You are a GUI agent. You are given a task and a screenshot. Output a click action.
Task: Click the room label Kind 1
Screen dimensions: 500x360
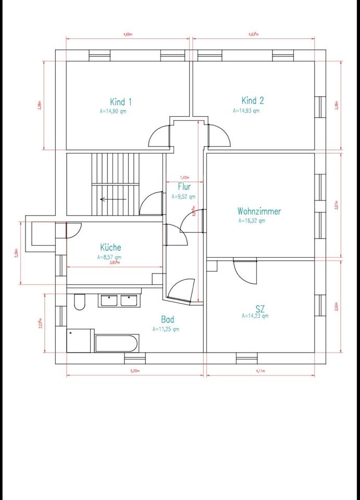tap(121, 102)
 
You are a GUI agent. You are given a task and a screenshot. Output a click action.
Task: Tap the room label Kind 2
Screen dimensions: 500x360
tap(253, 101)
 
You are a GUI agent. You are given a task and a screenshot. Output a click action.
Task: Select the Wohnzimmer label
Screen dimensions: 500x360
tap(259, 211)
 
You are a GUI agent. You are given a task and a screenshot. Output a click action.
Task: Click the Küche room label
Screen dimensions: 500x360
tap(110, 248)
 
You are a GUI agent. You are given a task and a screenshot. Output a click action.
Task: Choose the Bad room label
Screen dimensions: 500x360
tap(167, 320)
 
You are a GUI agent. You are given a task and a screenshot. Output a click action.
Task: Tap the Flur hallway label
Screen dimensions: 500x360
tap(184, 186)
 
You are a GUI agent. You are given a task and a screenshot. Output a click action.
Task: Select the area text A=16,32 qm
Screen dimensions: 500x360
tap(252, 220)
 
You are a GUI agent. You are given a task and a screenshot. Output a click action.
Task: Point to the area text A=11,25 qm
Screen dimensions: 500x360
tap(166, 329)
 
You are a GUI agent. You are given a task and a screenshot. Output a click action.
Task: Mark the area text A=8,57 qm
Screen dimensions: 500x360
tap(109, 257)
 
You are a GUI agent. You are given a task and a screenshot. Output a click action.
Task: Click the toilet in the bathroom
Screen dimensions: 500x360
tap(79, 302)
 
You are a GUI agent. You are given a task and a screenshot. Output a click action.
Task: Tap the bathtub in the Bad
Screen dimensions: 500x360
tap(116, 344)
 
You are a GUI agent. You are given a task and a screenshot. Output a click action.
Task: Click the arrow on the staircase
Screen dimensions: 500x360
tap(113, 199)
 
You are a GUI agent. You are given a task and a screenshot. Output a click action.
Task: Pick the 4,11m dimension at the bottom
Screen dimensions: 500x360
tap(260, 371)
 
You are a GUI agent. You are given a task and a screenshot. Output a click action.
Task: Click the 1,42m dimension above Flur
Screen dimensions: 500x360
tap(184, 177)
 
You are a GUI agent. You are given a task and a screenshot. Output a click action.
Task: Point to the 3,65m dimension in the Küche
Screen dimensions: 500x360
tap(115, 263)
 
